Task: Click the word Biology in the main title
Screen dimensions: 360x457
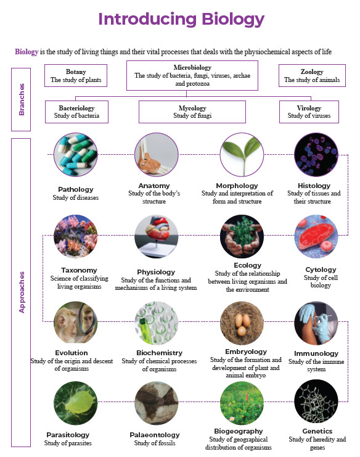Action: point(233,20)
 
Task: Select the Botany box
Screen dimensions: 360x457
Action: point(76,75)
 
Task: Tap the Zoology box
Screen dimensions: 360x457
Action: point(312,75)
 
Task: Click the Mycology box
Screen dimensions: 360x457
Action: point(192,112)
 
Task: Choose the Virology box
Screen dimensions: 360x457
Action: point(309,112)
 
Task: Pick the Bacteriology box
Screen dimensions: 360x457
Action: point(76,112)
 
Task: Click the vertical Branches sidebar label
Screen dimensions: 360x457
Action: point(21,99)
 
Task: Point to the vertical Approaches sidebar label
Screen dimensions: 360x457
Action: point(21,292)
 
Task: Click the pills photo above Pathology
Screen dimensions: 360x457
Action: point(76,154)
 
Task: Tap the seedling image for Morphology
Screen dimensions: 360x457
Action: point(242,154)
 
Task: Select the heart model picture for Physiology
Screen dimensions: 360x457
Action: point(157,236)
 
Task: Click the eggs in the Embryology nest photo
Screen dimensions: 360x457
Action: point(242,324)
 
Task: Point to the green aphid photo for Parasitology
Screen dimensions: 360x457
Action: point(76,403)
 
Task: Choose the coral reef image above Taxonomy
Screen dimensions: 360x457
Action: point(76,236)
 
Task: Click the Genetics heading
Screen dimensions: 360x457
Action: point(317,431)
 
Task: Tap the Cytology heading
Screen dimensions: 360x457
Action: point(321,270)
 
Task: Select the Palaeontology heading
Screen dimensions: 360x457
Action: point(155,435)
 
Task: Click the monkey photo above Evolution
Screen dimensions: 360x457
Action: point(76,322)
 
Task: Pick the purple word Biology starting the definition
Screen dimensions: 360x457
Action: point(27,52)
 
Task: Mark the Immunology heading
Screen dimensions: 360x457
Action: point(316,353)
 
